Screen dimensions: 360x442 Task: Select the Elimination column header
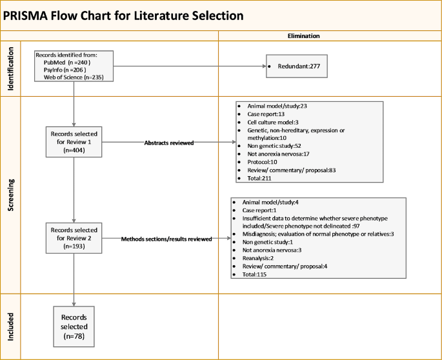(x=303, y=36)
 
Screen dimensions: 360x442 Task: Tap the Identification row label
(x=11, y=68)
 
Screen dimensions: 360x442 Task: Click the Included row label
(x=11, y=326)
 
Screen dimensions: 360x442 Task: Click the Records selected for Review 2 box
(x=74, y=238)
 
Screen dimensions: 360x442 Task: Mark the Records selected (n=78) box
(x=74, y=326)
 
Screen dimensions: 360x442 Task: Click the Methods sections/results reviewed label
(x=166, y=239)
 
